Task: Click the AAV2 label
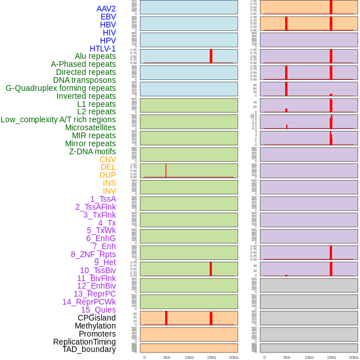(106, 9)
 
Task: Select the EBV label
(108, 17)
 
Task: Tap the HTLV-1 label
(103, 49)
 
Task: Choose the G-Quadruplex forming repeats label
(61, 88)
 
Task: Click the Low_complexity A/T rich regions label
(58, 119)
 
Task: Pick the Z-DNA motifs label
(93, 151)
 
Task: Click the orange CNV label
(107, 159)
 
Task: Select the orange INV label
(109, 191)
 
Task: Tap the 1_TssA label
(103, 199)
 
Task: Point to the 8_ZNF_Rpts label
(93, 254)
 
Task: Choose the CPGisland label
(97, 318)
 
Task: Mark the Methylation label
(95, 326)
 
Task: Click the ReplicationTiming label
(85, 342)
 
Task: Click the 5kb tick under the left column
(167, 357)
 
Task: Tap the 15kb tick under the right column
(331, 357)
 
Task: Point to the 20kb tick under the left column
(234, 357)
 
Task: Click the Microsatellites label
(90, 127)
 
